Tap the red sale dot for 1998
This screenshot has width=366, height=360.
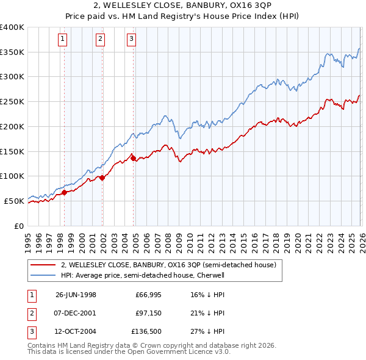click(65, 192)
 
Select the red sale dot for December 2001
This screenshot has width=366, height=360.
click(102, 178)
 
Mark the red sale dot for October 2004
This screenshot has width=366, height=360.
click(133, 158)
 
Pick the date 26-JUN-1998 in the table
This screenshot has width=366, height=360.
click(76, 295)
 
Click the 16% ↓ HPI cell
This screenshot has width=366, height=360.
click(208, 295)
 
